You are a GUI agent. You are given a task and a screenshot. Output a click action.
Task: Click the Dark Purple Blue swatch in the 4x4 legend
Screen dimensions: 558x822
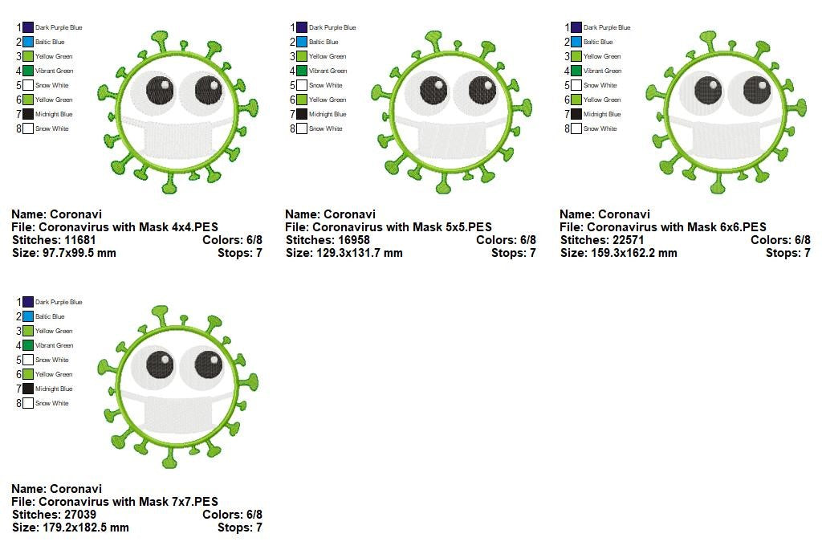coord(28,27)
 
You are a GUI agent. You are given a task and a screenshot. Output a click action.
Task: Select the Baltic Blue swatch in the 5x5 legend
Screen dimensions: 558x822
coord(302,42)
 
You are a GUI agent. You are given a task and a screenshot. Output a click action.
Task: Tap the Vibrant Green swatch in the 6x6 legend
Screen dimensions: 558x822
coord(576,71)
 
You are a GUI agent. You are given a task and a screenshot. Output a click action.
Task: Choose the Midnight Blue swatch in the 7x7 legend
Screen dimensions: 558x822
coord(28,389)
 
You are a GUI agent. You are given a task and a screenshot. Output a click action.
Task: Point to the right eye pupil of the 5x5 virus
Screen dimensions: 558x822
coord(482,90)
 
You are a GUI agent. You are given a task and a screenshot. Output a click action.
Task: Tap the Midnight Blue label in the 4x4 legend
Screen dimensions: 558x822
coord(54,114)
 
